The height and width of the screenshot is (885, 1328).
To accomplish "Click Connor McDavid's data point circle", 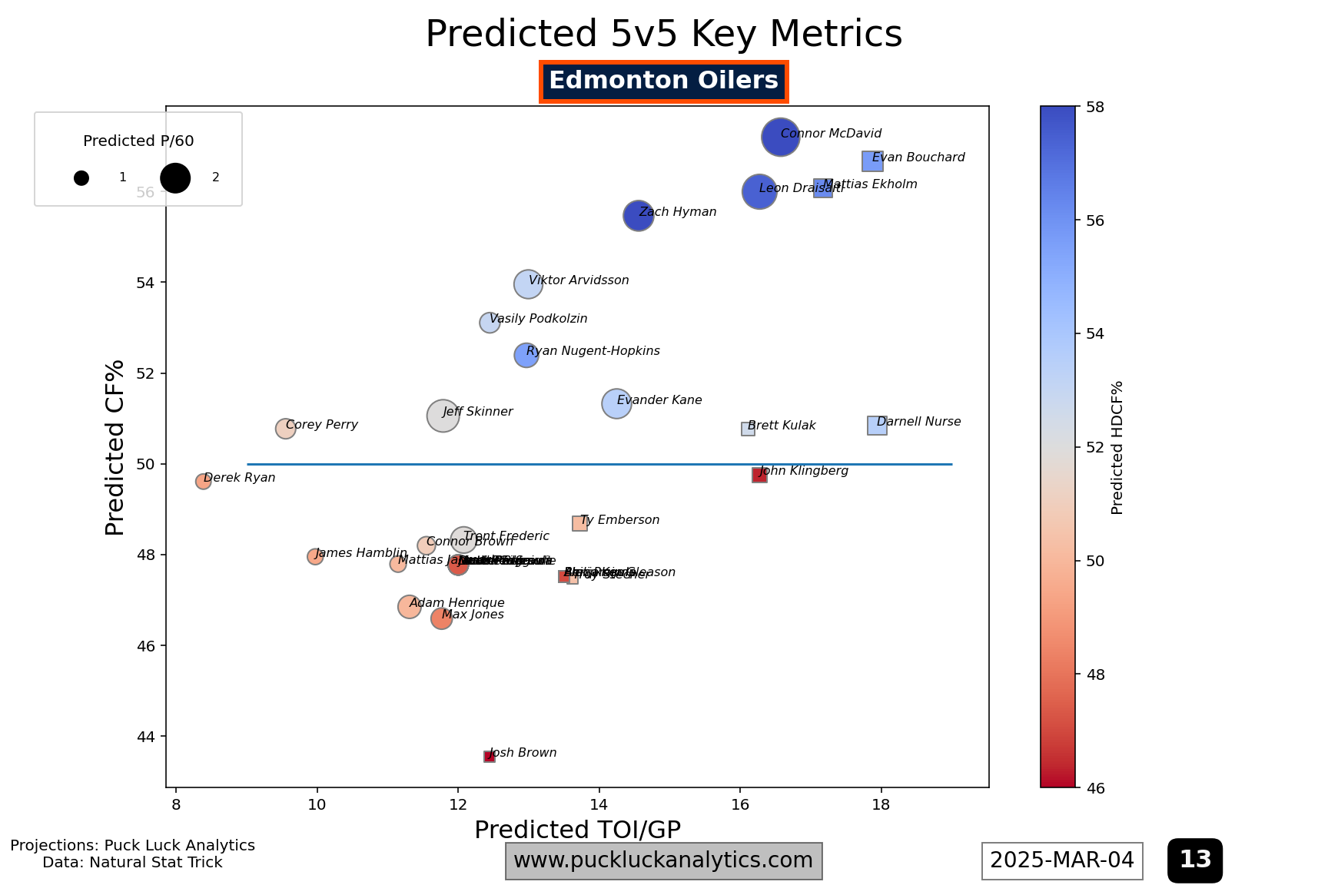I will [x=780, y=138].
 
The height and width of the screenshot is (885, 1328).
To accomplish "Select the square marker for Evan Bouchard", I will [x=872, y=161].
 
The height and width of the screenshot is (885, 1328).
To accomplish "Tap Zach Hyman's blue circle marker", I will [x=638, y=216].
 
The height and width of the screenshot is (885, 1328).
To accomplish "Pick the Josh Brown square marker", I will [x=489, y=757].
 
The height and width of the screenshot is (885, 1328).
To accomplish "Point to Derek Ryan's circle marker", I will [x=203, y=482].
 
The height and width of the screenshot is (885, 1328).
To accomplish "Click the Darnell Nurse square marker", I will [x=877, y=426].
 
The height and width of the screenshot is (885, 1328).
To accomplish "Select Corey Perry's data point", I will [x=285, y=429].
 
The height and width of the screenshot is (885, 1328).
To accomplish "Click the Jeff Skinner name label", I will [x=477, y=412].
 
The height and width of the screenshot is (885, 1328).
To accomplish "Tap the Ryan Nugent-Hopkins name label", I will [x=593, y=351].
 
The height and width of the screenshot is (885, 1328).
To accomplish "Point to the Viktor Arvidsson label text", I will [x=579, y=280].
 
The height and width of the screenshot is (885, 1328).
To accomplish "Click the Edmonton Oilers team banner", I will [x=663, y=81].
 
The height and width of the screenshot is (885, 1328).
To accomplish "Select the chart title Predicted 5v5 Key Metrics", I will [x=663, y=35].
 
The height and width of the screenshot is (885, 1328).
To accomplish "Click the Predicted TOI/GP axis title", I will [x=577, y=830].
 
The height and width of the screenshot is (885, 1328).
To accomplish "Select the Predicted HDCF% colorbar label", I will [x=1117, y=447].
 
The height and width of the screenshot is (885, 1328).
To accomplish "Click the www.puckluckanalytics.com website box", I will [x=663, y=860].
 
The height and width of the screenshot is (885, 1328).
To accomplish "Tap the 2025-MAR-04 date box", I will [x=1061, y=860].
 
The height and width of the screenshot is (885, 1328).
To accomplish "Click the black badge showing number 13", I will [x=1194, y=860].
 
